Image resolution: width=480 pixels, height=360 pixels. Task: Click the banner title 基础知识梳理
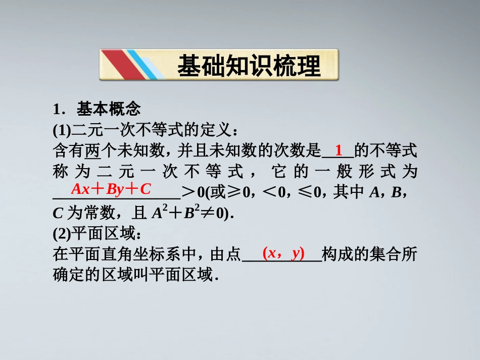249,66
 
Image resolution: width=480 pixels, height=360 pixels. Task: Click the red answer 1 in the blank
339,150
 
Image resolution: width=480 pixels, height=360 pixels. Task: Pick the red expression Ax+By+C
111,189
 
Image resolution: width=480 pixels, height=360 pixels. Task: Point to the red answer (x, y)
283,253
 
